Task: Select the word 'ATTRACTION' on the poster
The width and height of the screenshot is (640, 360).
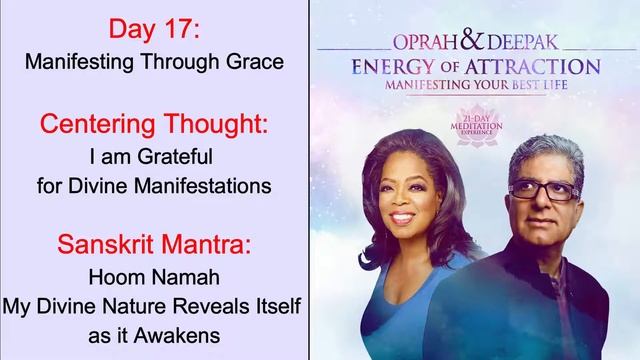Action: point(540,68)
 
